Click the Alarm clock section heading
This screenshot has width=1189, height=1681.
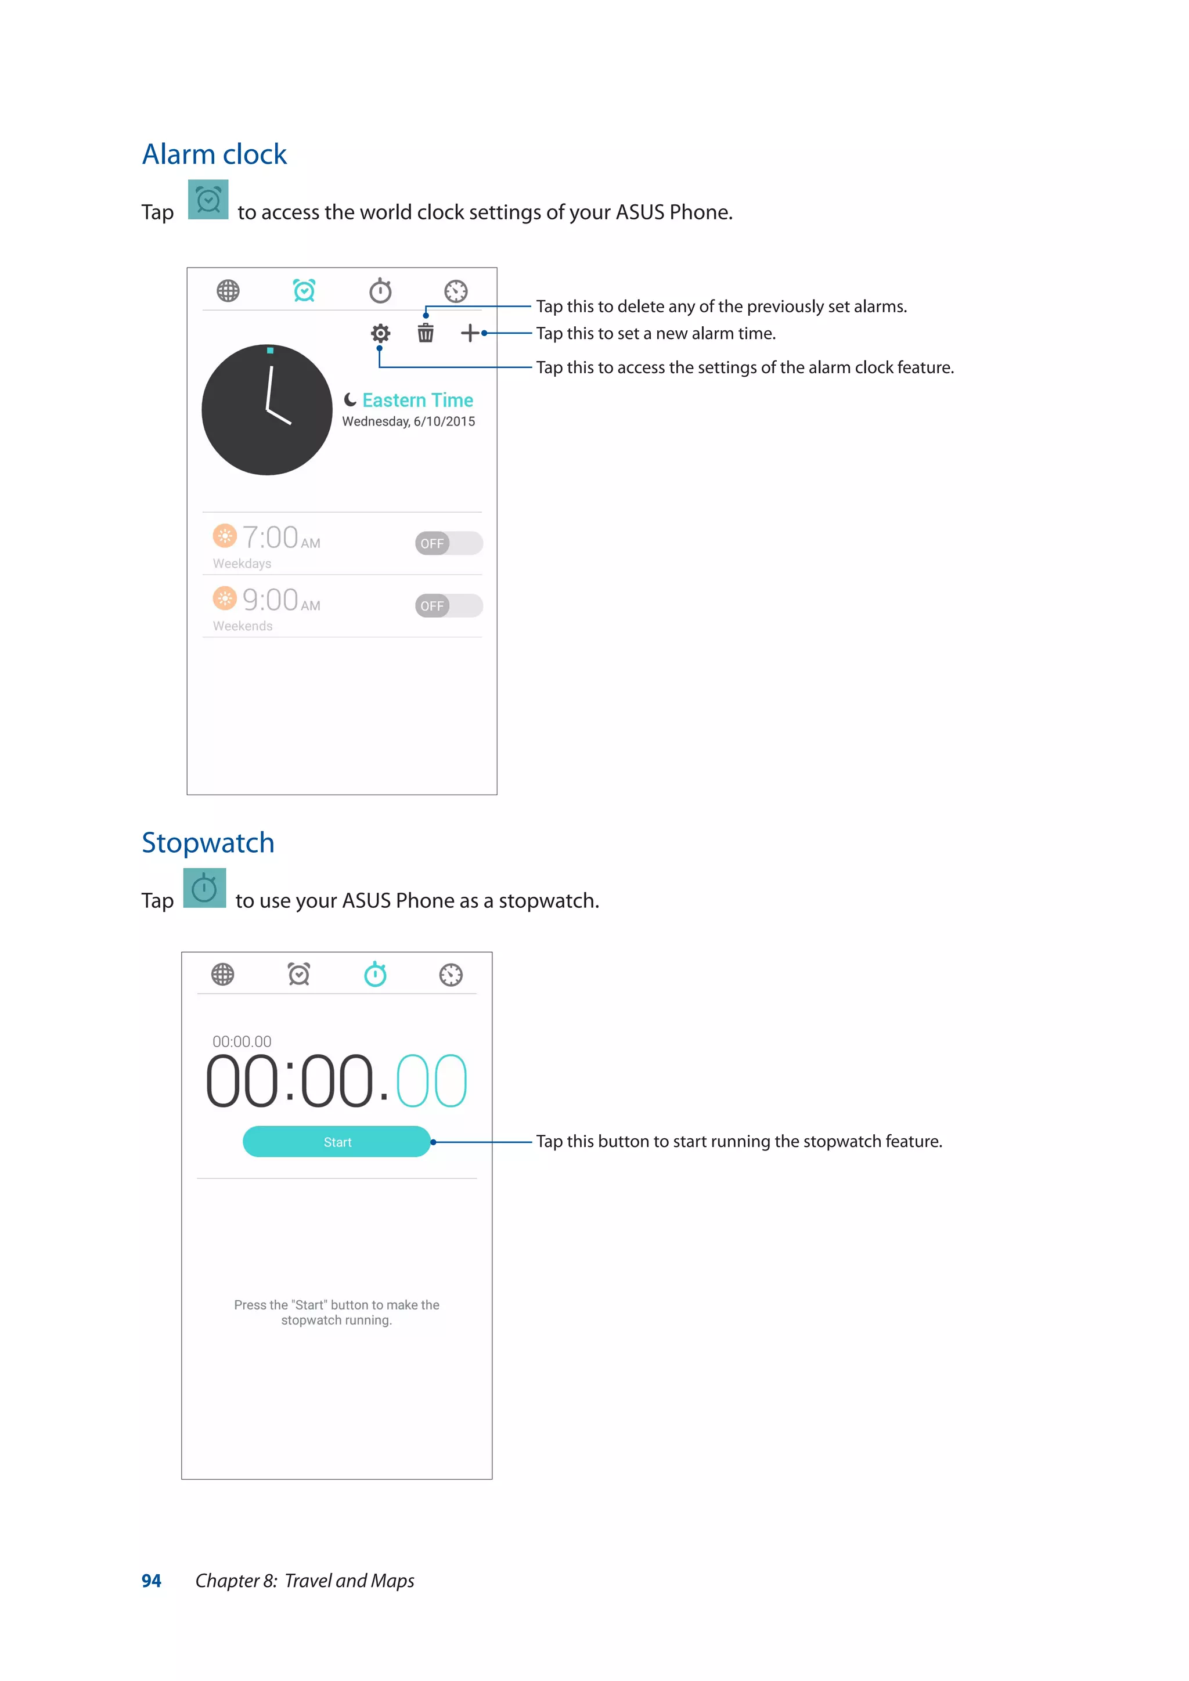click(x=214, y=154)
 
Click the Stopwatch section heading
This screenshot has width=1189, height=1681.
click(x=208, y=843)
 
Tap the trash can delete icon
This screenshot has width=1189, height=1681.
click(x=426, y=333)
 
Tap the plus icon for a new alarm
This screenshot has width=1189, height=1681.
click(x=469, y=333)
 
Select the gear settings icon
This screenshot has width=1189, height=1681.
click(x=380, y=334)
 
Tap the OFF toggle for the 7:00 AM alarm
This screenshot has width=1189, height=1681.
click(x=448, y=543)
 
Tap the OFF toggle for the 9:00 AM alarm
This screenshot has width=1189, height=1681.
click(x=448, y=605)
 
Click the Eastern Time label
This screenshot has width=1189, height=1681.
click(x=417, y=400)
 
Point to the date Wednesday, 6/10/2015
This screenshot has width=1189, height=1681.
click(x=409, y=422)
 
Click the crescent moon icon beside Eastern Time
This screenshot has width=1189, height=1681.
click(x=351, y=400)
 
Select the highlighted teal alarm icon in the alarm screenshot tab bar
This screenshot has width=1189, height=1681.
click(x=304, y=291)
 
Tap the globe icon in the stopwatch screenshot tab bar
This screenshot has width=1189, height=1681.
click(x=222, y=975)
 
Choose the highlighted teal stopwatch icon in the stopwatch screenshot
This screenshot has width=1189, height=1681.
click(x=375, y=975)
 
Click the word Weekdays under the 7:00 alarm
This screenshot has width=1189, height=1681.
click(x=242, y=564)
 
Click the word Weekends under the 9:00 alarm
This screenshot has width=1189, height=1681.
click(x=242, y=626)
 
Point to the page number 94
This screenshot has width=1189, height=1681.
click(x=151, y=1581)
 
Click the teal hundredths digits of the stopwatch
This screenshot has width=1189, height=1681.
click(x=431, y=1081)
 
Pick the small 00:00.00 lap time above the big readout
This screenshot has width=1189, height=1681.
click(x=242, y=1041)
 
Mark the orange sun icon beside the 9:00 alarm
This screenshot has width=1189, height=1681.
click(x=225, y=598)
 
